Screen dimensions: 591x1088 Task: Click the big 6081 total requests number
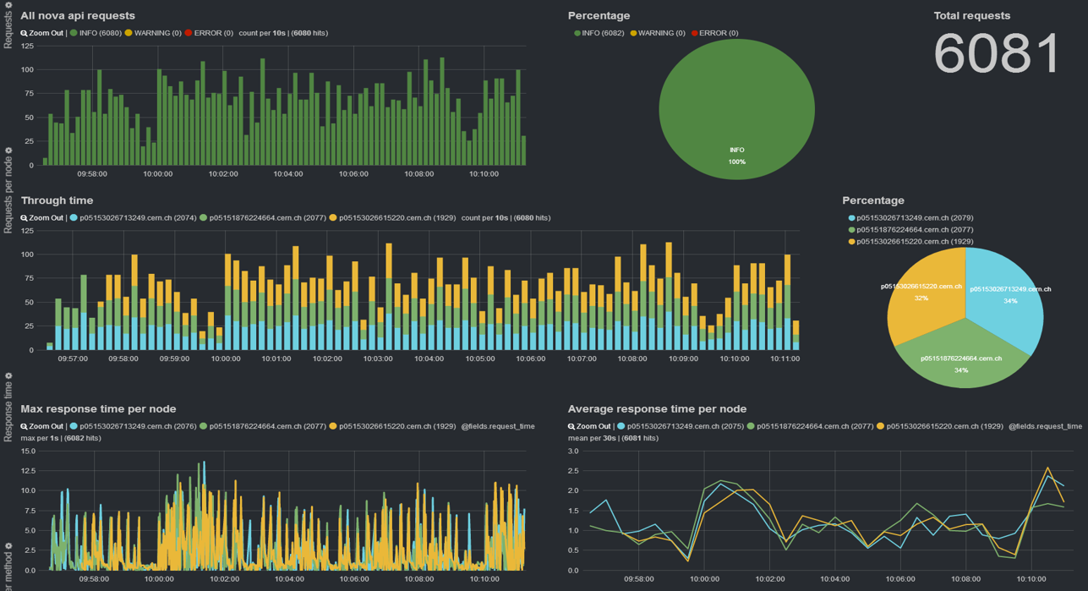997,54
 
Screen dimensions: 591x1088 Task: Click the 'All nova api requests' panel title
78,15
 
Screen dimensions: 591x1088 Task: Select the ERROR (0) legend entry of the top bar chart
209,33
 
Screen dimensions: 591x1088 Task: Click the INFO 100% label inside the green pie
737,156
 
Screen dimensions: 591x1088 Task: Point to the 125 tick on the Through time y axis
26,231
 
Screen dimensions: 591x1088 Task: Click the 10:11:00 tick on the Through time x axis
785,358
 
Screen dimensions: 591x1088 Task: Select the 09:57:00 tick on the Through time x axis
73,358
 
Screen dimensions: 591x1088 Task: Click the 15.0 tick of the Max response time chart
27,451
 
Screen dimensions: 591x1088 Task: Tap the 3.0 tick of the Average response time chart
573,451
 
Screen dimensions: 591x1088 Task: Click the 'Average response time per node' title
657,409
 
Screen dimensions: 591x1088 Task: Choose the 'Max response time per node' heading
98,409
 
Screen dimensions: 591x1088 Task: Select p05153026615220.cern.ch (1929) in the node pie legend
914,241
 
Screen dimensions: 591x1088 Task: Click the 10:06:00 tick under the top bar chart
353,174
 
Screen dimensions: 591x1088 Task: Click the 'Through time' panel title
57,200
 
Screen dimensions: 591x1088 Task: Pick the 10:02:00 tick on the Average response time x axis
769,579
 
